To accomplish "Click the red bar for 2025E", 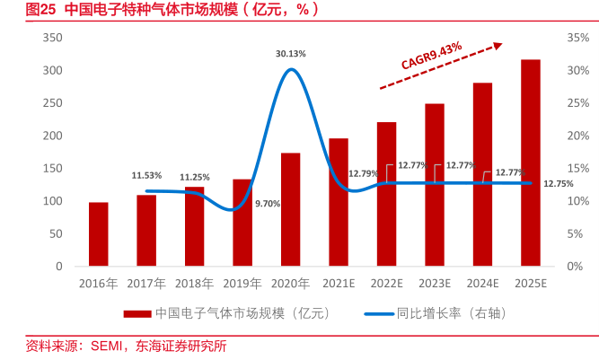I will (x=530, y=162).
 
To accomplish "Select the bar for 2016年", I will (x=98, y=234).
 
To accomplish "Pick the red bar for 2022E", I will (x=386, y=194).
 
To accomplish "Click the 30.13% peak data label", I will (x=290, y=54).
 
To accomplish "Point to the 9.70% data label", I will (x=268, y=204).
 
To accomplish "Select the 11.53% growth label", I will (x=146, y=175).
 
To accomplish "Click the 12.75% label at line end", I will (x=558, y=184).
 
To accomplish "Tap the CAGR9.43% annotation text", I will (x=431, y=55).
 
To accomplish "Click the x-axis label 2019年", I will (x=242, y=284).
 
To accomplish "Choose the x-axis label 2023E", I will (x=434, y=284).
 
